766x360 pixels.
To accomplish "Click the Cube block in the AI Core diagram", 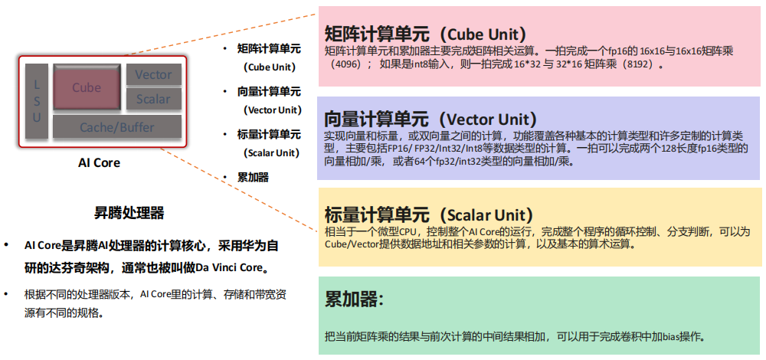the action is pyautogui.click(x=87, y=87).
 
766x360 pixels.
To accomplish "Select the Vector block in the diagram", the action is pyautogui.click(x=153, y=74).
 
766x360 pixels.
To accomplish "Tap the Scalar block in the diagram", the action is pyautogui.click(x=153, y=99).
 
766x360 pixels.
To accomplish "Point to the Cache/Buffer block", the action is pyautogui.click(x=117, y=127).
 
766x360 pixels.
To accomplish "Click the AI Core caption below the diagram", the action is pyautogui.click(x=100, y=163).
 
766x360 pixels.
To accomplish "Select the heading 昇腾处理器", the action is pyautogui.click(x=129, y=212).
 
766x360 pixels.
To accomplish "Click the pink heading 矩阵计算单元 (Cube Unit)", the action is pyautogui.click(x=425, y=34).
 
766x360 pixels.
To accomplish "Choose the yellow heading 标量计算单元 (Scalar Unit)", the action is pyautogui.click(x=429, y=215).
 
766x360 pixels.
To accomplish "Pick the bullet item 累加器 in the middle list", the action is pyautogui.click(x=253, y=177).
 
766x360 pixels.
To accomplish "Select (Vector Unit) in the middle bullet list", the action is pyautogui.click(x=268, y=110).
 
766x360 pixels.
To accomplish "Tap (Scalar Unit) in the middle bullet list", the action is pyautogui.click(x=268, y=152).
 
